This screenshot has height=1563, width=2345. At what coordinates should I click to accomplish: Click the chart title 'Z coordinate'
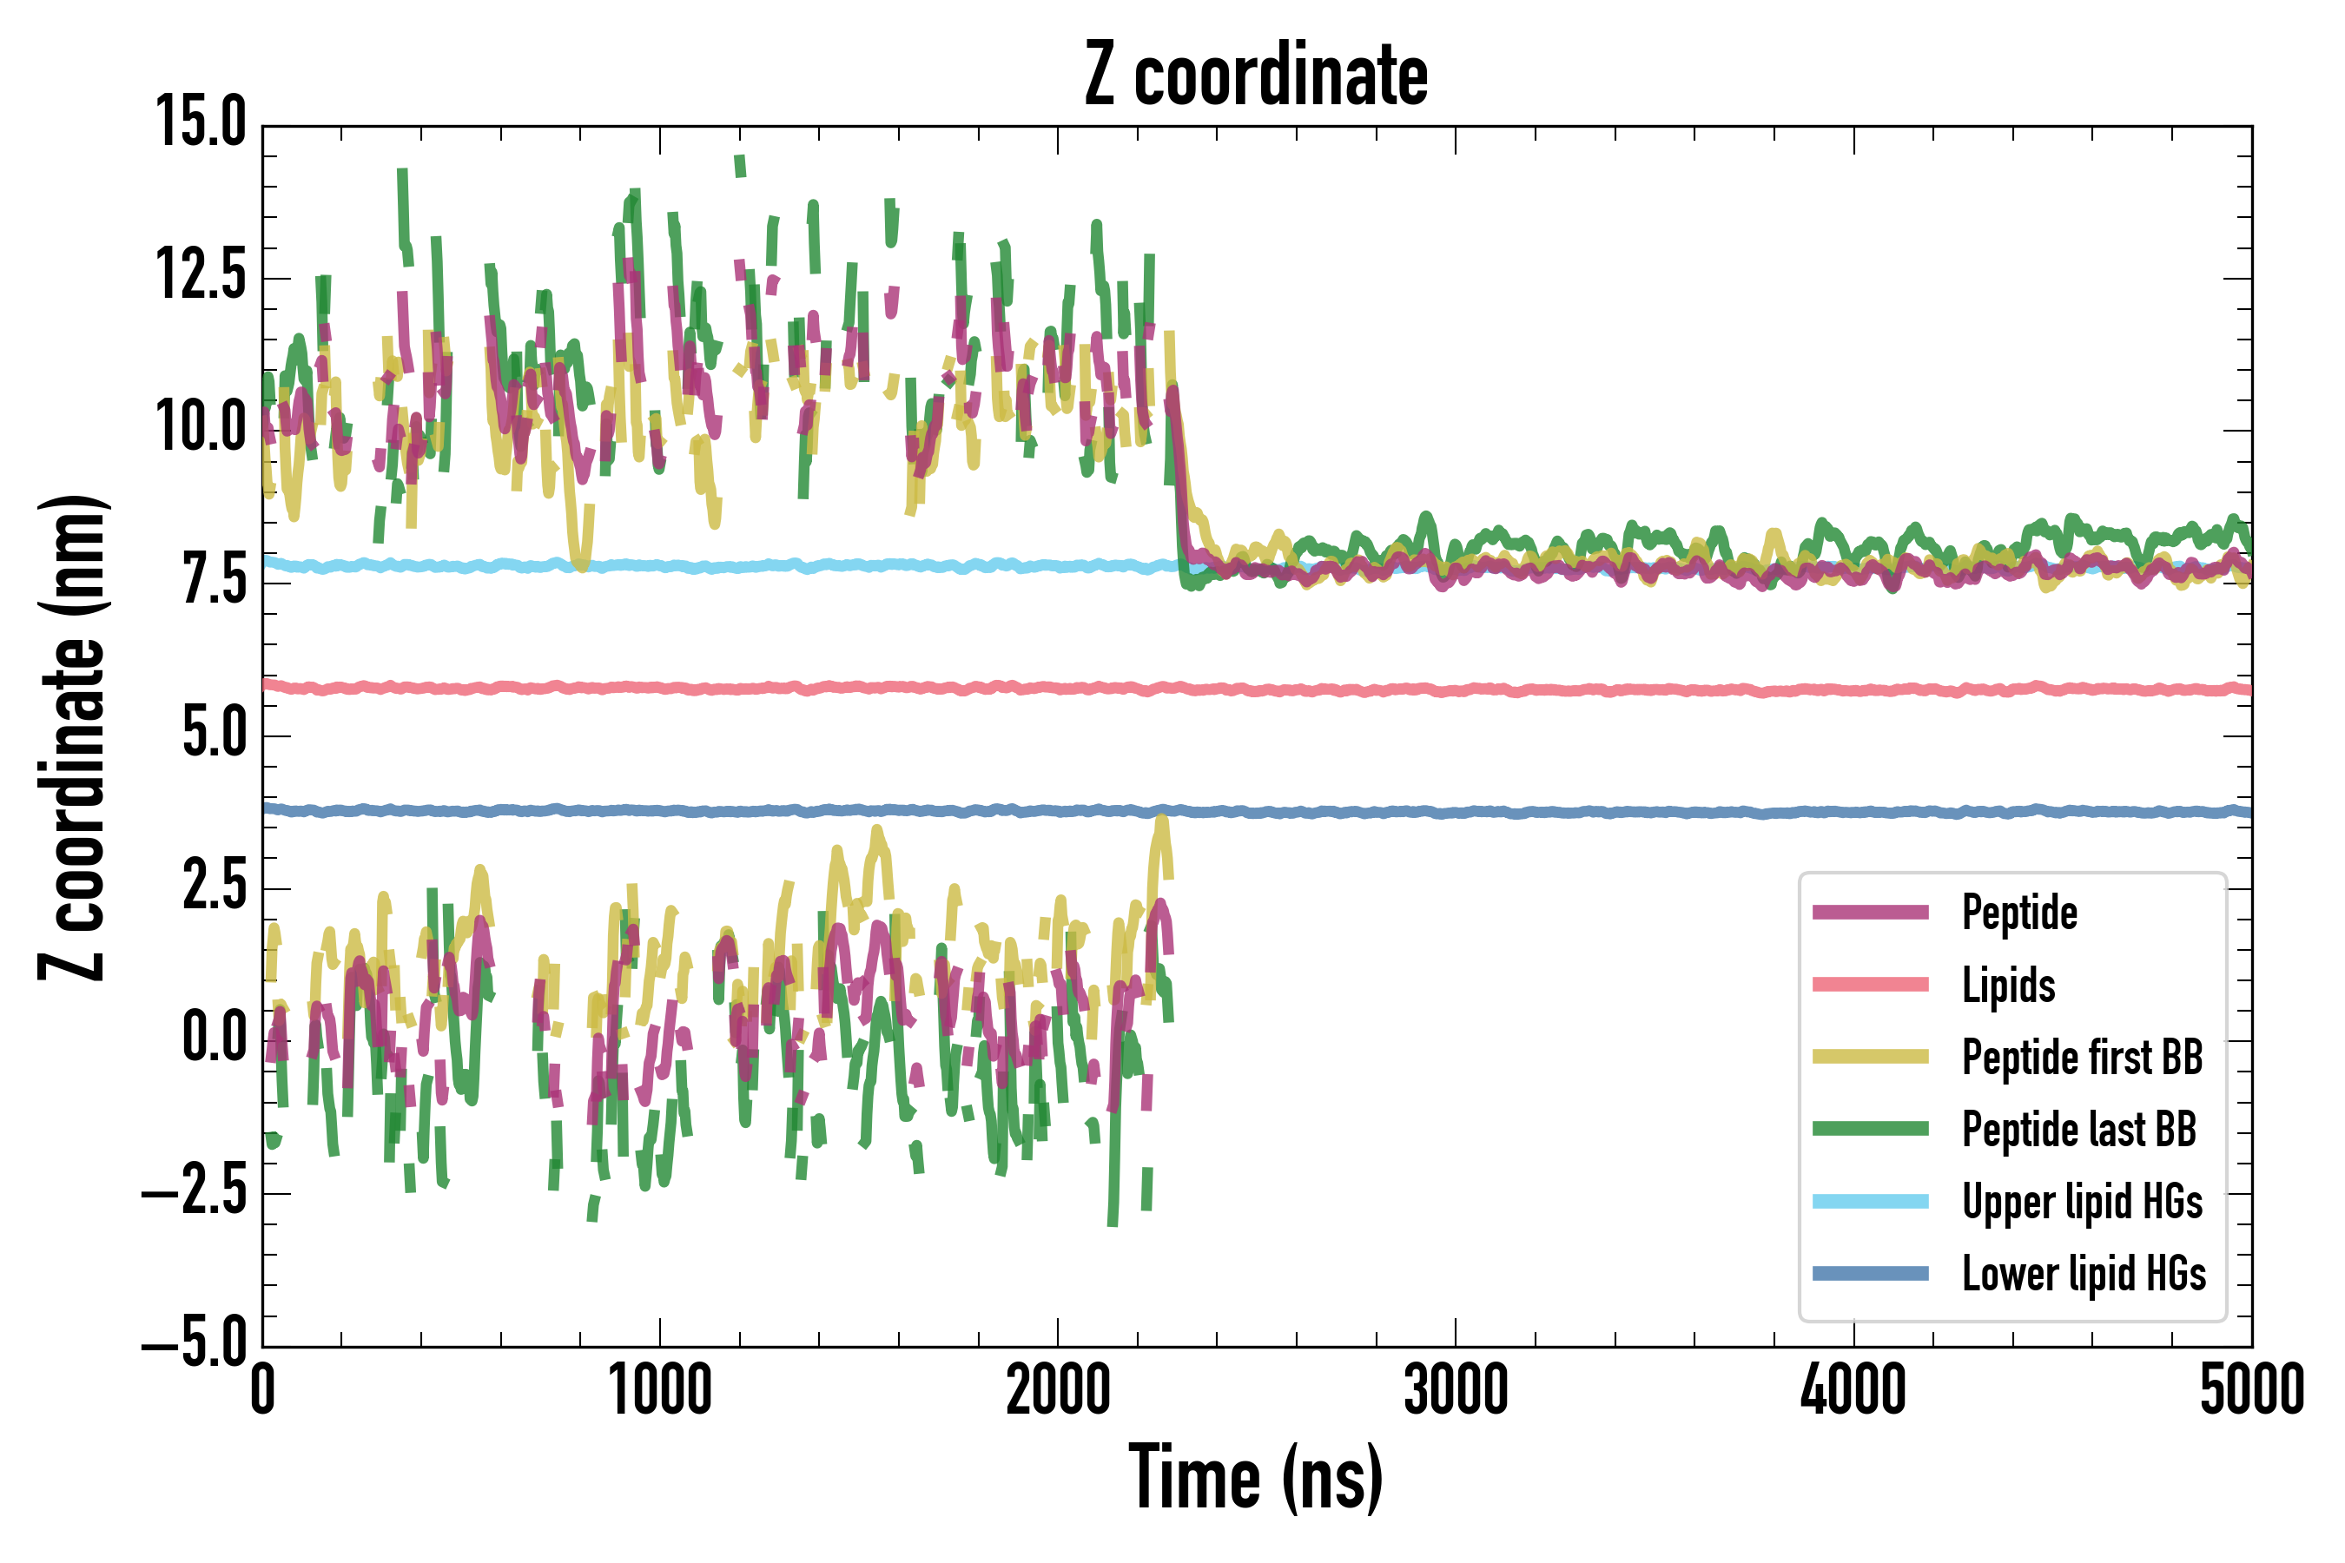click(x=1255, y=76)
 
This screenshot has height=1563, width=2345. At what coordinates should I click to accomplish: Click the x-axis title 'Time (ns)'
click(x=1255, y=1477)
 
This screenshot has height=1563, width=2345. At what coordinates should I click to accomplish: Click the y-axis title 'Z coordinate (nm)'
click(x=72, y=736)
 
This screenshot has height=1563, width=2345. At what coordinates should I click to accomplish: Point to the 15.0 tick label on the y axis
click(x=201, y=123)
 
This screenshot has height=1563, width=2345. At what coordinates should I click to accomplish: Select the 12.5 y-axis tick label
click(x=201, y=276)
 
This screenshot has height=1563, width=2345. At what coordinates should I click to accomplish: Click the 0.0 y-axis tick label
click(x=214, y=1038)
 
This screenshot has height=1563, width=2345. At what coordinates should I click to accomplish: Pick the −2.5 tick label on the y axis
click(x=194, y=1190)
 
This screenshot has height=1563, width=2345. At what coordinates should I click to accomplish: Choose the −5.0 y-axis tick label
click(x=194, y=1342)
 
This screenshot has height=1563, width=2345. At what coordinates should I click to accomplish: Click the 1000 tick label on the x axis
click(x=660, y=1390)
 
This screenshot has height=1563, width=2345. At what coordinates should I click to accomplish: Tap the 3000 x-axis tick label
click(x=1456, y=1390)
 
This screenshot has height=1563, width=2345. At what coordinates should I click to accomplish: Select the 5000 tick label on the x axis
click(x=2251, y=1390)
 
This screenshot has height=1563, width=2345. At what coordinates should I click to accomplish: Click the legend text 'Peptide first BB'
click(x=2082, y=1058)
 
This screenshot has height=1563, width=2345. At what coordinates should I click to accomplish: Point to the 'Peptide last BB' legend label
click(x=2078, y=1130)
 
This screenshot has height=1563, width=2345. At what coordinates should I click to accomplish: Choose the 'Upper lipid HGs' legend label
click(x=2082, y=1202)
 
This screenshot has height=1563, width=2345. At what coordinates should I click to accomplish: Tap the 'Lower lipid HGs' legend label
click(x=2084, y=1274)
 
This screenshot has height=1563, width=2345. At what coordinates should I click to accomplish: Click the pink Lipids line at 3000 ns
click(x=1456, y=689)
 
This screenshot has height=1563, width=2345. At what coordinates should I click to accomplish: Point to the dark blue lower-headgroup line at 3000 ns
click(x=1456, y=813)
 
